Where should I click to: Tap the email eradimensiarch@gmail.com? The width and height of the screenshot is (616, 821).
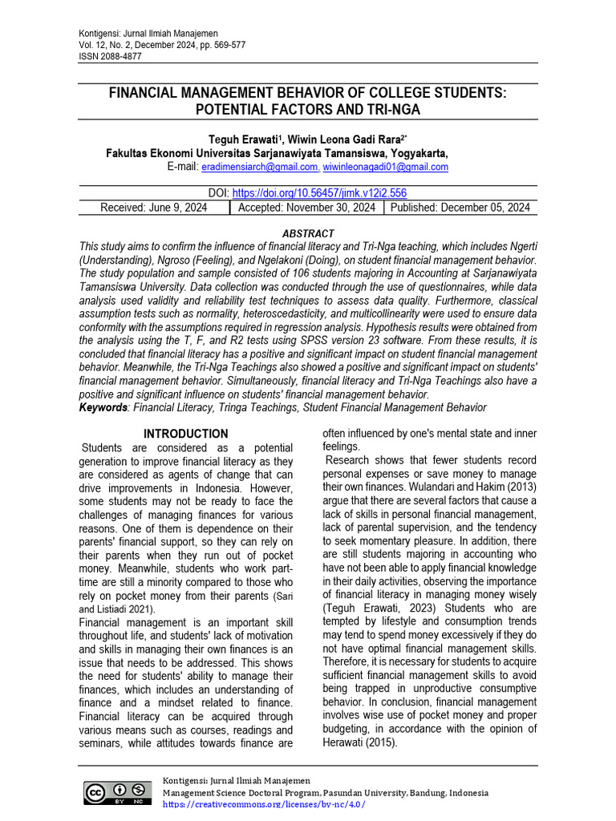coord(259,167)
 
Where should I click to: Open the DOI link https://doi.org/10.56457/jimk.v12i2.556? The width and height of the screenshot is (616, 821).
coord(318,193)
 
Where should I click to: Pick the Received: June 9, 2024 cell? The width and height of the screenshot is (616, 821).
coord(153,208)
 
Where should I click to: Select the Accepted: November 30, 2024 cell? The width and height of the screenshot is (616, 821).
coord(306,208)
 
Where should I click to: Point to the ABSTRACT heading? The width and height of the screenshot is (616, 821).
coord(307,232)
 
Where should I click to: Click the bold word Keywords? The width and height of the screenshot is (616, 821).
coord(103,407)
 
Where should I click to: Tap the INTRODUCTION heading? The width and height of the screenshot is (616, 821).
coord(185,434)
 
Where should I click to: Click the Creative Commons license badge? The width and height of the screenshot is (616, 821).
coord(116,792)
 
